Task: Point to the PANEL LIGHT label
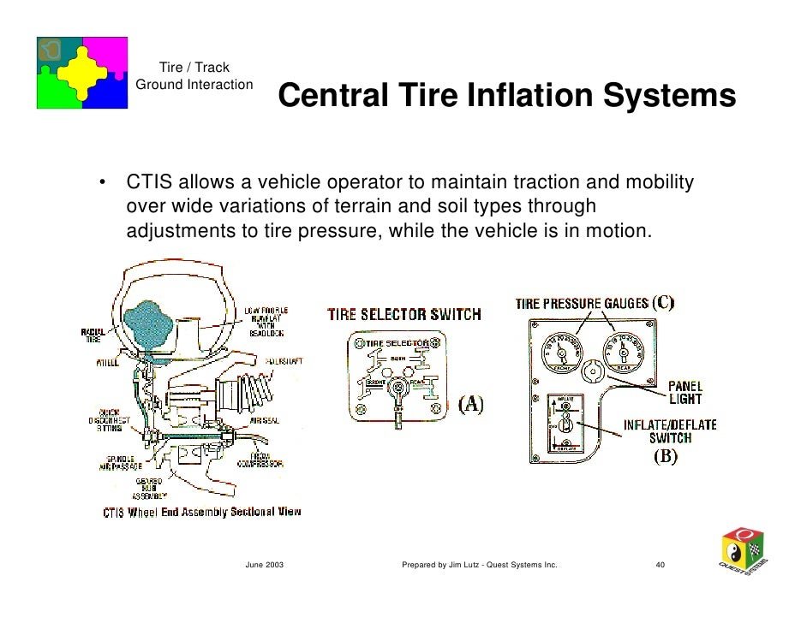point(684,393)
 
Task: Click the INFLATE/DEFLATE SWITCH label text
point(669,430)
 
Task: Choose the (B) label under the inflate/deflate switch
point(666,456)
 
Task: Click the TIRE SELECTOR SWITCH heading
point(404,314)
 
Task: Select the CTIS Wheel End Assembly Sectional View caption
point(201,512)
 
